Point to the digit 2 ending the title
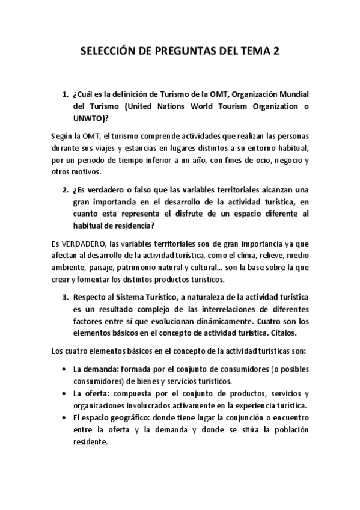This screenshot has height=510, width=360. [x=275, y=53]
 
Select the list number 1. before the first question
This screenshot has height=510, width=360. [x=66, y=94]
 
